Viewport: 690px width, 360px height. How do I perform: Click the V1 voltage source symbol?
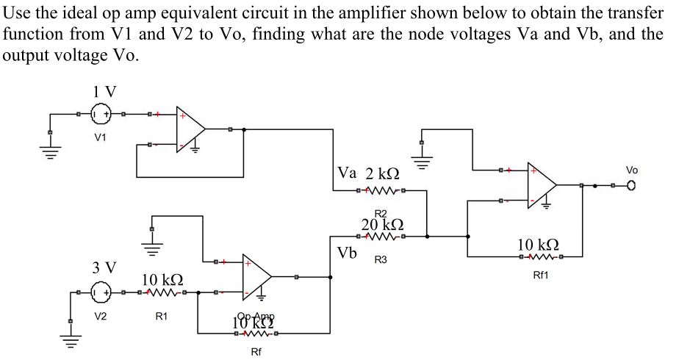point(101,115)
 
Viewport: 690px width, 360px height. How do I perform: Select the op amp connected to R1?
point(257,277)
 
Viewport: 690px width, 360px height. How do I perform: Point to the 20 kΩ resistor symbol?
point(381,237)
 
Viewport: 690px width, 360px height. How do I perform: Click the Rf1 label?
point(541,275)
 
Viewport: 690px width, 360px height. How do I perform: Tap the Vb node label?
point(348,253)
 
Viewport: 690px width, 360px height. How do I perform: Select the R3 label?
point(381,259)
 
